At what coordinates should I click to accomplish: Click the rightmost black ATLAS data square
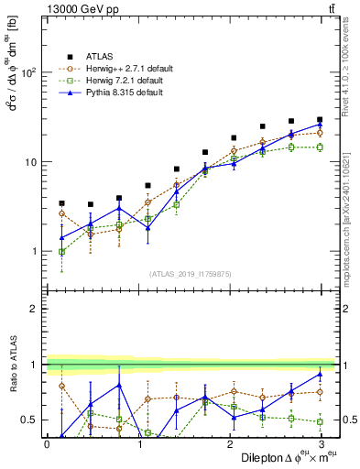tap(320, 120)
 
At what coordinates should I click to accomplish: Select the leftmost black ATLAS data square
tap(61, 203)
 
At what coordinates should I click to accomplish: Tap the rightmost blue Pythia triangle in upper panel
tap(320, 125)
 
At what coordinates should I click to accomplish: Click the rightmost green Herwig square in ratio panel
tap(320, 421)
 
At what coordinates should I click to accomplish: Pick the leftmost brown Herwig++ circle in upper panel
tap(61, 213)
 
